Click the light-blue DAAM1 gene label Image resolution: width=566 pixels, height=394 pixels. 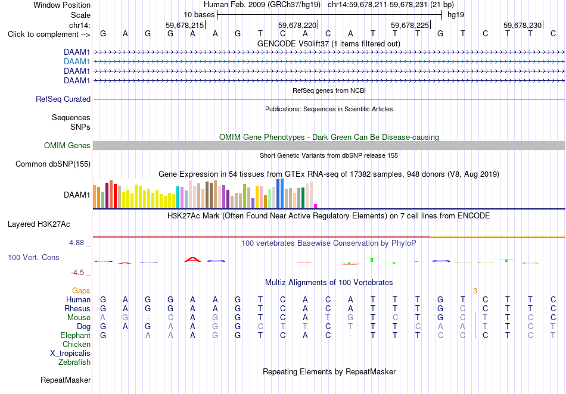click(x=77, y=62)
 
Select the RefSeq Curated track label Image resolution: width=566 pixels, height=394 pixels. click(x=63, y=99)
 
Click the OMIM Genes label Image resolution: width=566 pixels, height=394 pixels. click(x=67, y=146)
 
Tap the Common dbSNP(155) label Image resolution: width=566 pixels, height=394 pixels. click(x=53, y=164)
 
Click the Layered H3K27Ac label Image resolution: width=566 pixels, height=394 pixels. click(x=39, y=224)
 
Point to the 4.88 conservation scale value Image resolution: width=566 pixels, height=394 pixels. click(x=76, y=243)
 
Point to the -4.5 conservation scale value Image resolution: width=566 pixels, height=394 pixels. click(x=77, y=273)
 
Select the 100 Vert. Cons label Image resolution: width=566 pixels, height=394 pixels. click(x=33, y=257)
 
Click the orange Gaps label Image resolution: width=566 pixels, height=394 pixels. click(x=81, y=290)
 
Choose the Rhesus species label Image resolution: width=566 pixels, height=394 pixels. click(x=77, y=308)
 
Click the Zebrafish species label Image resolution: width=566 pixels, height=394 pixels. click(x=74, y=362)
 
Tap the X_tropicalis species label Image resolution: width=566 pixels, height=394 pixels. click(x=70, y=354)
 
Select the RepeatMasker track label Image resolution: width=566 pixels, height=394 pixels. click(x=66, y=380)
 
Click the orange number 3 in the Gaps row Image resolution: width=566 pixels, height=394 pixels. click(x=475, y=290)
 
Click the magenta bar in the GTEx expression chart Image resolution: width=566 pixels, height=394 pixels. click(x=316, y=206)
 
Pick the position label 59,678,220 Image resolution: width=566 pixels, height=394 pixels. click(x=297, y=25)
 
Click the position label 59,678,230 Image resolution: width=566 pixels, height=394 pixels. click(x=523, y=25)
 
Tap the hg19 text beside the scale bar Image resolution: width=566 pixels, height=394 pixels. click(x=456, y=15)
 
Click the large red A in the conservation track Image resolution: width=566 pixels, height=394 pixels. click(x=193, y=259)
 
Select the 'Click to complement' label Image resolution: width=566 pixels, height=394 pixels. click(x=49, y=35)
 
